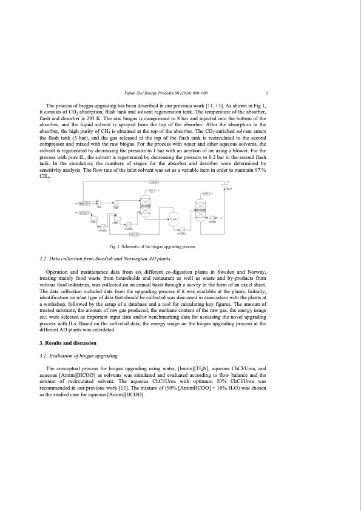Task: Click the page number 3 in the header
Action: click(267, 93)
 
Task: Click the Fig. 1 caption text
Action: click(151, 247)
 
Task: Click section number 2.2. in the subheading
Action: click(43, 259)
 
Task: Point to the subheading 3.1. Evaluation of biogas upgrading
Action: click(78, 355)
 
